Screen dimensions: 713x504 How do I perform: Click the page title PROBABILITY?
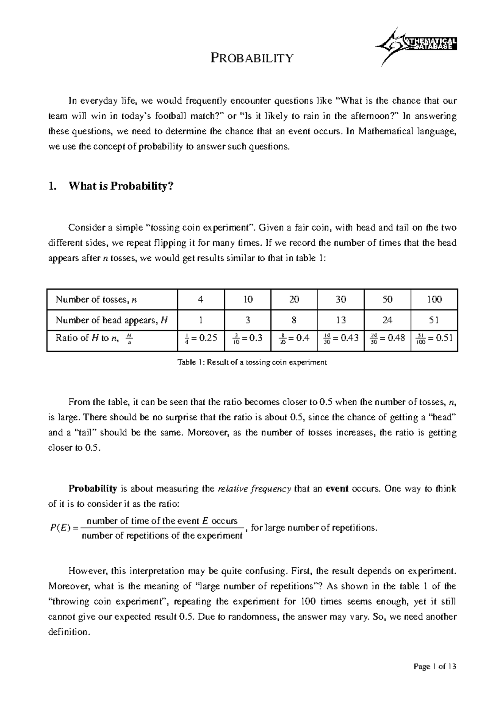point(252,58)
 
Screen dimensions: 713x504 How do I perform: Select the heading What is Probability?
point(121,186)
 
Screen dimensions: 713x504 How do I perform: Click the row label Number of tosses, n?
point(97,299)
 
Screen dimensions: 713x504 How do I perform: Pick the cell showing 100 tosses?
point(434,299)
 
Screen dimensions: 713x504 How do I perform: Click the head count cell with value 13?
point(341,320)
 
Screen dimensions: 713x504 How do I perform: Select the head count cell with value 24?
point(387,320)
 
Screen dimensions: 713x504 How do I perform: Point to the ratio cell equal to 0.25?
point(202,338)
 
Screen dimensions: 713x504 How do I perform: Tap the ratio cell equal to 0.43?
point(341,338)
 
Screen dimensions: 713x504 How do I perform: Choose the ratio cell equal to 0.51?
point(434,338)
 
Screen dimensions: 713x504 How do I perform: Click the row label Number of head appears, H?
point(112,320)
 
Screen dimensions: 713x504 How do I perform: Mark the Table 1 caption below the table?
point(252,362)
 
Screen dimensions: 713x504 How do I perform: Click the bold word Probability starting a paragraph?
point(92,489)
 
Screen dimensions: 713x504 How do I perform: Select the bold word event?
point(337,489)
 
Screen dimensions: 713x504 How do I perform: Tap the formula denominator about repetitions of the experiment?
point(162,536)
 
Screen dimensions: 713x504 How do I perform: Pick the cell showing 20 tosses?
point(294,299)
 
